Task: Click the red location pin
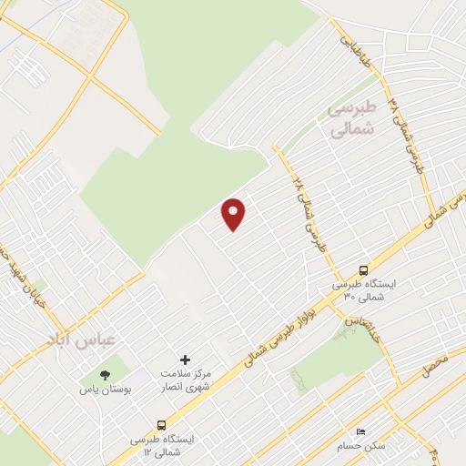click(234, 214)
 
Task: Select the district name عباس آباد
click(82, 339)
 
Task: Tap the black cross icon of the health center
click(186, 360)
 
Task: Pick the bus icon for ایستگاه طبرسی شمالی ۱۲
click(162, 424)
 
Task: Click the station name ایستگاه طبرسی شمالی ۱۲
click(156, 444)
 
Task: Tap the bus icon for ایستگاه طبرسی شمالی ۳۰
click(364, 270)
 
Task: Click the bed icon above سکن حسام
click(360, 431)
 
